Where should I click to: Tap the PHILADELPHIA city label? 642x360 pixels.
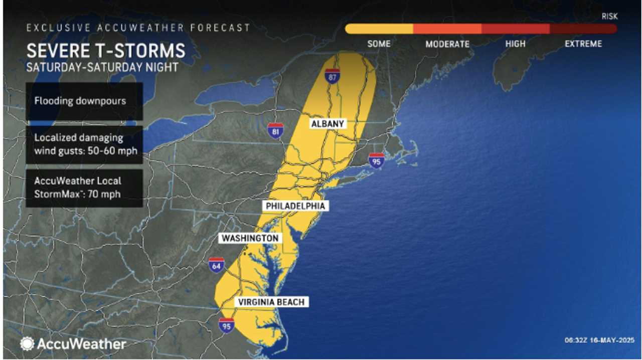(x=295, y=206)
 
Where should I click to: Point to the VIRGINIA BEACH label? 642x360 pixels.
(x=271, y=302)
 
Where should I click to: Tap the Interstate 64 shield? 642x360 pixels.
(x=217, y=265)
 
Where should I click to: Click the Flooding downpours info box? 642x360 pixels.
(x=84, y=101)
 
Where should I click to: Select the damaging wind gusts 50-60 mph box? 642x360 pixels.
(x=84, y=144)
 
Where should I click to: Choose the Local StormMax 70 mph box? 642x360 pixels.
(x=84, y=188)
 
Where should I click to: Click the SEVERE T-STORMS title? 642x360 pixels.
(x=106, y=51)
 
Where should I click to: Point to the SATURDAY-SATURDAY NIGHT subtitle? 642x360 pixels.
(x=102, y=67)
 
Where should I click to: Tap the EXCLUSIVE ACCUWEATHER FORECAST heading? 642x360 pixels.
(x=138, y=28)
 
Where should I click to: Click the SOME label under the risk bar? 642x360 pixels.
(x=379, y=44)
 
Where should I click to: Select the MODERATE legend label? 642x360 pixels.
(x=447, y=44)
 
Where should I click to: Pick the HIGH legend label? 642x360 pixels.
(x=515, y=44)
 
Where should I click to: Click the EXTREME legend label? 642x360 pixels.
(x=583, y=44)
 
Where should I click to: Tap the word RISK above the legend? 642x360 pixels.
(x=609, y=17)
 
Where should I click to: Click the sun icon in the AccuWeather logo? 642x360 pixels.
(x=27, y=343)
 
